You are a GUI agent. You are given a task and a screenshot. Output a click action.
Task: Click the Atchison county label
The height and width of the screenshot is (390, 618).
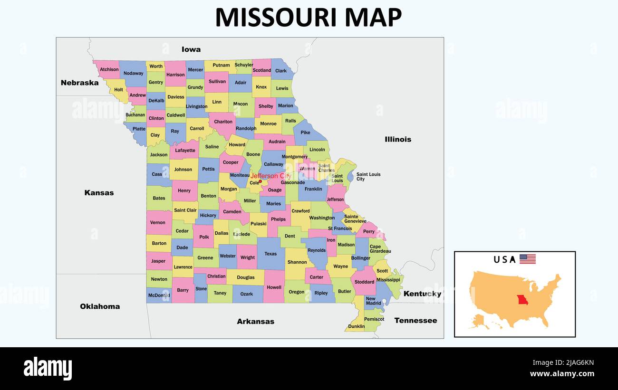pyautogui.click(x=109, y=69)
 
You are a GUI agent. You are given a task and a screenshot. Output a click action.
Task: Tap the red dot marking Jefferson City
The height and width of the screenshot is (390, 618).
pyautogui.click(x=260, y=181)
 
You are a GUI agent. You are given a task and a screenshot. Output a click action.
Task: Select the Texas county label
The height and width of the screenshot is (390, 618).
pyautogui.click(x=270, y=254)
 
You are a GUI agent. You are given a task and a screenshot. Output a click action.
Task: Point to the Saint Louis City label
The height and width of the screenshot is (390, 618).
pyautogui.click(x=368, y=177)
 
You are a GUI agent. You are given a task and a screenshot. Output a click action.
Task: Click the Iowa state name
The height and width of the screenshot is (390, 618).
pyautogui.click(x=191, y=49)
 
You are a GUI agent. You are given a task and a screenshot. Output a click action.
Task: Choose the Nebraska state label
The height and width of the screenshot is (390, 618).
pyautogui.click(x=79, y=83)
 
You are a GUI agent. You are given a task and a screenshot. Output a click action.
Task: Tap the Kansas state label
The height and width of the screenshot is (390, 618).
pyautogui.click(x=99, y=193)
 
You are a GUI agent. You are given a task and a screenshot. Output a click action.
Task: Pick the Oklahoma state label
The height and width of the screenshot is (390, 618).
pyautogui.click(x=100, y=306)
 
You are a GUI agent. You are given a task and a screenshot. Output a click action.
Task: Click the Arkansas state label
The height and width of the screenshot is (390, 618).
pyautogui.click(x=255, y=322)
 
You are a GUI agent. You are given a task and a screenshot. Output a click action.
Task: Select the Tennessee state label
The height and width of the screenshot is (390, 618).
pyautogui.click(x=415, y=321)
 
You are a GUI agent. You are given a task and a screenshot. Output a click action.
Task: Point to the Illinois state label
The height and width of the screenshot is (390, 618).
pyautogui.click(x=398, y=139)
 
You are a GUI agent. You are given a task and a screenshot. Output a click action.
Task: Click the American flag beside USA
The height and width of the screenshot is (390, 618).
pyautogui.click(x=527, y=259)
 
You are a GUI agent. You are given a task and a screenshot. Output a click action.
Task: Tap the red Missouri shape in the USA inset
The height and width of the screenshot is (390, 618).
pyautogui.click(x=523, y=302)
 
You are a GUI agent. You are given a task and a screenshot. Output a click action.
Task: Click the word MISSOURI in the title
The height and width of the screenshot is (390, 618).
pyautogui.click(x=276, y=18)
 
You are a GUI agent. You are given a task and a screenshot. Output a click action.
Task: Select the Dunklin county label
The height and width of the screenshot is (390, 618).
pyautogui.click(x=357, y=326)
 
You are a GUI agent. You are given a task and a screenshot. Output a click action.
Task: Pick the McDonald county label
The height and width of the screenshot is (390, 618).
pyautogui.click(x=159, y=295)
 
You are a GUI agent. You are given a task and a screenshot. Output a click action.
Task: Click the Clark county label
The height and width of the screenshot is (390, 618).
pyautogui.click(x=281, y=71)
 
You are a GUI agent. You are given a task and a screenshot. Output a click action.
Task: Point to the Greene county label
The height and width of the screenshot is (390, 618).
pyautogui.click(x=205, y=258)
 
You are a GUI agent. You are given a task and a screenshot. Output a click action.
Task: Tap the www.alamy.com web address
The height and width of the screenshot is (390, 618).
pyautogui.click(x=562, y=374)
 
